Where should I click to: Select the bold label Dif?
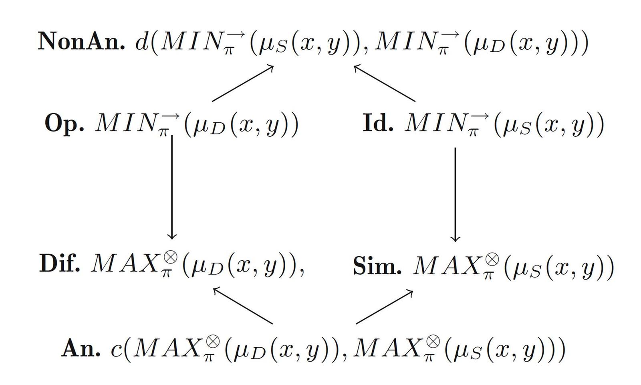click(60, 265)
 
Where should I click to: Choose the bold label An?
click(81, 348)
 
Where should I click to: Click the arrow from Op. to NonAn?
click(243, 83)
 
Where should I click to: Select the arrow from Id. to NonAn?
click(385, 83)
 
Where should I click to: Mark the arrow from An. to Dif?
click(243, 306)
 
